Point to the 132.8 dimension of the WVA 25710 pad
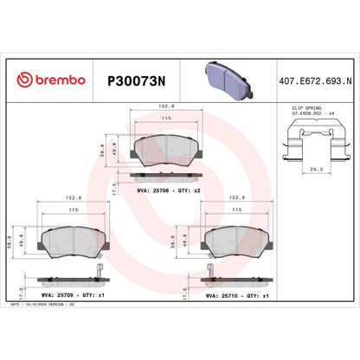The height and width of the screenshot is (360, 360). tap(235, 197)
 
